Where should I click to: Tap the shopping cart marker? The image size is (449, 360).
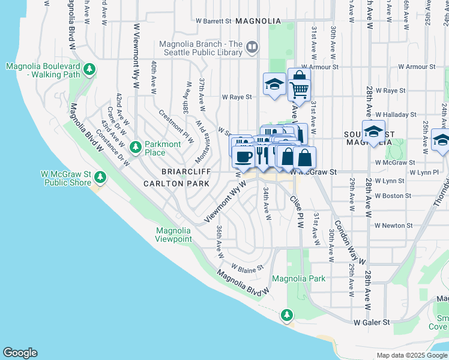pyautogui.click(x=298, y=89)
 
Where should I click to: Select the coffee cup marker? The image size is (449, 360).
pyautogui.click(x=243, y=157)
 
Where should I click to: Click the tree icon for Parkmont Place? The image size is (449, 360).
pyautogui.click(x=136, y=146)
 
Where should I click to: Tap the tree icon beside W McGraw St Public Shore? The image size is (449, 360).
pyautogui.click(x=100, y=176)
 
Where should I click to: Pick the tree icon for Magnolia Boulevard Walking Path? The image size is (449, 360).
pyautogui.click(x=89, y=70)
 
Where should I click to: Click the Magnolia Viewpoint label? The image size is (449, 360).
pyautogui.click(x=174, y=235)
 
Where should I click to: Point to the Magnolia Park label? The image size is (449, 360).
pyautogui.click(x=298, y=278)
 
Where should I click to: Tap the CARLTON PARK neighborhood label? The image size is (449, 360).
pyautogui.click(x=176, y=183)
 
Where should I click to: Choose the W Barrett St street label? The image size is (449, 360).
pyautogui.click(x=214, y=21)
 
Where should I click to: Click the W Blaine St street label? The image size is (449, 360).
pyautogui.click(x=247, y=268)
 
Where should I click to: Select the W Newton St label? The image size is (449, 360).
pyautogui.click(x=393, y=226)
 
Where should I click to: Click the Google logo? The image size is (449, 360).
pyautogui.click(x=20, y=353)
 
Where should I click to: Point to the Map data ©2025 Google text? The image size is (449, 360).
pyautogui.click(x=411, y=355)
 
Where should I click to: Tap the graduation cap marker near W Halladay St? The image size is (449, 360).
pyautogui.click(x=373, y=132)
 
